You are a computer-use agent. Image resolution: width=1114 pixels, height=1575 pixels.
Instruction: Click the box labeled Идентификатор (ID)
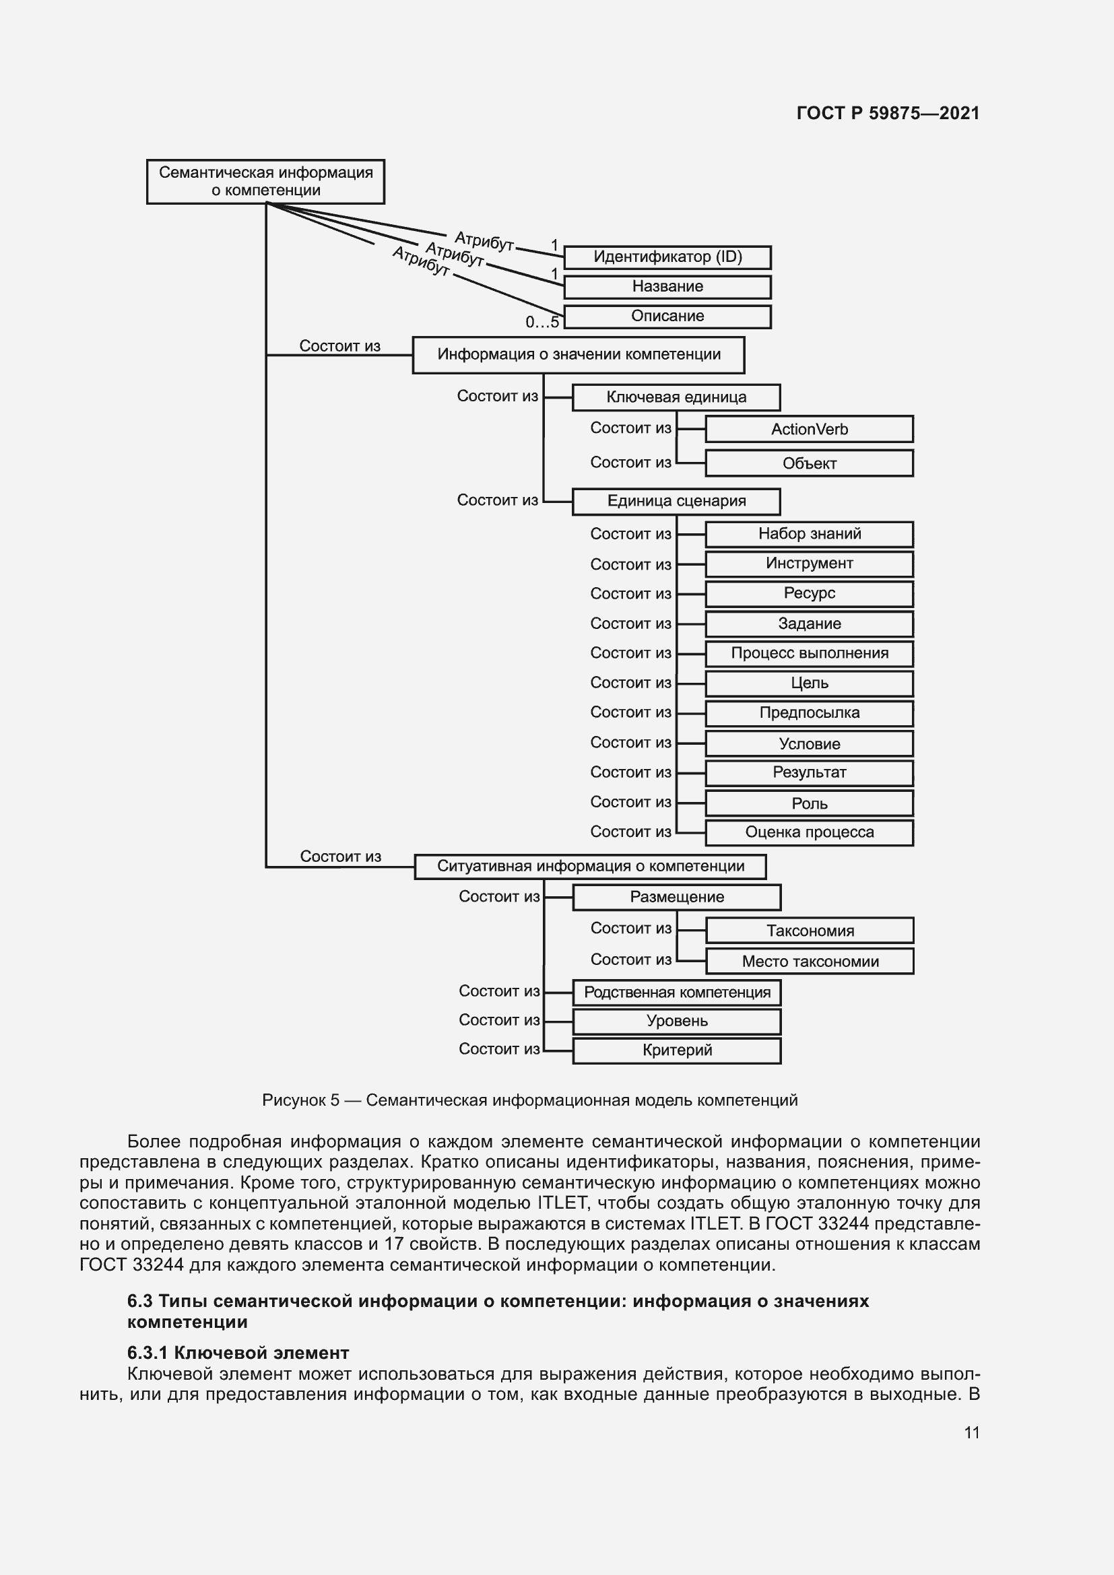(667, 257)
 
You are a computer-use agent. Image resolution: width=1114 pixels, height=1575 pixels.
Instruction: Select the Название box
(667, 287)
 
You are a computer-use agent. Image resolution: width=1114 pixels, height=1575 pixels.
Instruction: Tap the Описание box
(667, 316)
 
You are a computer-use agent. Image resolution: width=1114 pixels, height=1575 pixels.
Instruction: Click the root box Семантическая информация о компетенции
(265, 182)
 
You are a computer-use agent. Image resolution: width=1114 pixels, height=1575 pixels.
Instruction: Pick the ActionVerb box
(809, 429)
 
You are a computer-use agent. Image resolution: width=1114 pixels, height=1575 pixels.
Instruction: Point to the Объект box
(809, 463)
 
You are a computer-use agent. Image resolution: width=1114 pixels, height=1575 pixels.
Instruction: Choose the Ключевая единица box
(676, 397)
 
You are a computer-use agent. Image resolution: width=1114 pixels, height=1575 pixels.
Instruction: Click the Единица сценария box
(676, 501)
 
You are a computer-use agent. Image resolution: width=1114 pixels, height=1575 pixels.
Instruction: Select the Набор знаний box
(809, 534)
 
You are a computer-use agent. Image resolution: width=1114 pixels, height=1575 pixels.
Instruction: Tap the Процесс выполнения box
(809, 653)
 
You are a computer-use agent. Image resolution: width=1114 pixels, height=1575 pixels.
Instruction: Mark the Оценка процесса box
(809, 832)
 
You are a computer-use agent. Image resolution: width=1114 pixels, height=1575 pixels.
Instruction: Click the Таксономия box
(810, 931)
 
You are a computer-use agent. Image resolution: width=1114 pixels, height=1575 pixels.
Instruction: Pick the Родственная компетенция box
(676, 992)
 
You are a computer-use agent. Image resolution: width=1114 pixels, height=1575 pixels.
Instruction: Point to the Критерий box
(676, 1050)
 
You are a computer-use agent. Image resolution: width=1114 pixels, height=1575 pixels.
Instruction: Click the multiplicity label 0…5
(542, 322)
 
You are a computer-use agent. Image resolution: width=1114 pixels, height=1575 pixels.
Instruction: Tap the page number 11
(971, 1432)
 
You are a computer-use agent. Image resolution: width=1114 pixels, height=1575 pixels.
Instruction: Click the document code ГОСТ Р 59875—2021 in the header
(888, 113)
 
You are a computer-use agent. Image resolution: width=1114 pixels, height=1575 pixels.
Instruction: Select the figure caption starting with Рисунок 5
(529, 1100)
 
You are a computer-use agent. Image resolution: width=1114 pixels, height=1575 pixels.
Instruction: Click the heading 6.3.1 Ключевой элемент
(238, 1353)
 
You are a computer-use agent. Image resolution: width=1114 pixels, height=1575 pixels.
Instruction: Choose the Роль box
(809, 803)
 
